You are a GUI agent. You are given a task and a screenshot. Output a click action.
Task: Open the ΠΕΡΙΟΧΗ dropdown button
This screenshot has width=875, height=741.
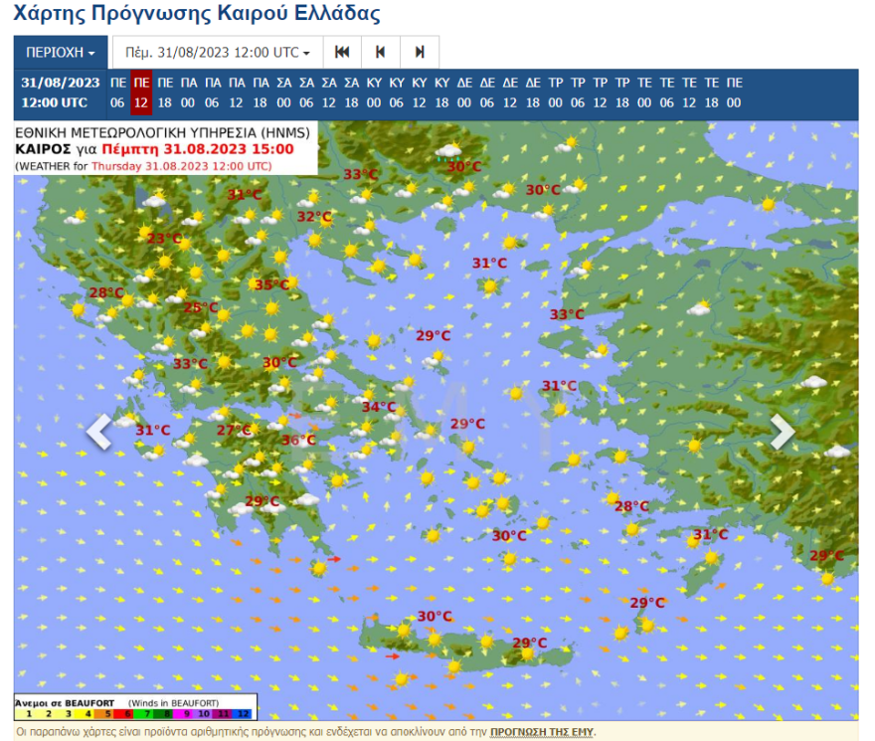coord(61,52)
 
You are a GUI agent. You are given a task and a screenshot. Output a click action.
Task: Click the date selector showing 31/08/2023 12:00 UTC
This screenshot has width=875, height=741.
coord(218,52)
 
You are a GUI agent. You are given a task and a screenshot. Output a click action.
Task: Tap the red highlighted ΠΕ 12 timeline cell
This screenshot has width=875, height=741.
coord(141,93)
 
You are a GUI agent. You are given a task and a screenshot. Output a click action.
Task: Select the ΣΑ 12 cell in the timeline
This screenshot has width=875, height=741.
coord(328,93)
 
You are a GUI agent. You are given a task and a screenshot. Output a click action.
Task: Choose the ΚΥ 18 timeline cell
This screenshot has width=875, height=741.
coord(442,93)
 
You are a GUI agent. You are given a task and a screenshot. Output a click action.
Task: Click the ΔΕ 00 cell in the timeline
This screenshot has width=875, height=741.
coord(465,93)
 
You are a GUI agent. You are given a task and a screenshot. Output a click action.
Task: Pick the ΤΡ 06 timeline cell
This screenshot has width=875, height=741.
coord(578,93)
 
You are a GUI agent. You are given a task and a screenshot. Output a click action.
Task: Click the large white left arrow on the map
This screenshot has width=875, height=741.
coord(99,432)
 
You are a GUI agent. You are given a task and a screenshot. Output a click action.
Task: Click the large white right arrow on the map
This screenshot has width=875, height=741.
coord(783,432)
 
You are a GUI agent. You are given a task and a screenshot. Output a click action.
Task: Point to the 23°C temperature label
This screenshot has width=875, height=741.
coord(164,239)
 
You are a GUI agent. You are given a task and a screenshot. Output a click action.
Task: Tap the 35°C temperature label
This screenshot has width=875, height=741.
coord(271,285)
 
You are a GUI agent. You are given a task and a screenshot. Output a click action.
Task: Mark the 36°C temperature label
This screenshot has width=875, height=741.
coord(297,441)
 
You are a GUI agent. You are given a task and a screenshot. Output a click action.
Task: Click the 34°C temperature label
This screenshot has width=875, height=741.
coord(378,407)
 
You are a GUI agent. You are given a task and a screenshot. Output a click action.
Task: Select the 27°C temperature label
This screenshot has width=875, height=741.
coord(234,431)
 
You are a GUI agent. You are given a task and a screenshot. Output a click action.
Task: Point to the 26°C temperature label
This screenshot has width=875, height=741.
coord(200,308)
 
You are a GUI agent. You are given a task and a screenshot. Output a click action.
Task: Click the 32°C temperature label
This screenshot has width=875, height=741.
coord(314,217)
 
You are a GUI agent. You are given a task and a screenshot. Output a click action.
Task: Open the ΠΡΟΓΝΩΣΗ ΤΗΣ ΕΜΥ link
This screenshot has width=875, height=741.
coord(541,731)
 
